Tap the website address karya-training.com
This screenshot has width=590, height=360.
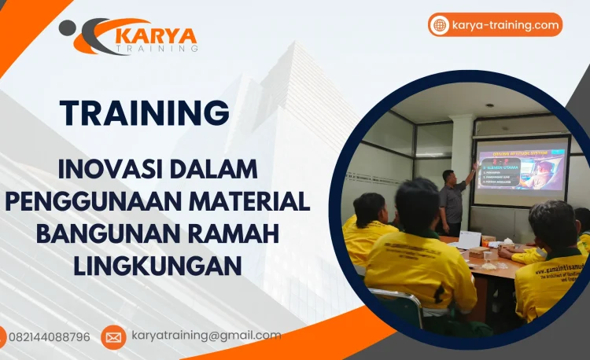pos(506,25)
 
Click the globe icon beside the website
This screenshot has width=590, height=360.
pos(440,25)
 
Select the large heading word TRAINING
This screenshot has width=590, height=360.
pos(145,113)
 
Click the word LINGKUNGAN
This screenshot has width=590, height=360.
pos(157,266)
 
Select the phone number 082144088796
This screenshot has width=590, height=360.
pos(49,337)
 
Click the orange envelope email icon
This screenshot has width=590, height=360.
pos(113,337)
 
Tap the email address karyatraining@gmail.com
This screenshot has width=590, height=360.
pos(206,336)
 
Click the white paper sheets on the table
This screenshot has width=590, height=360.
pos(469,239)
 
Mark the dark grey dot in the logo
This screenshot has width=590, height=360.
pos(68,28)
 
